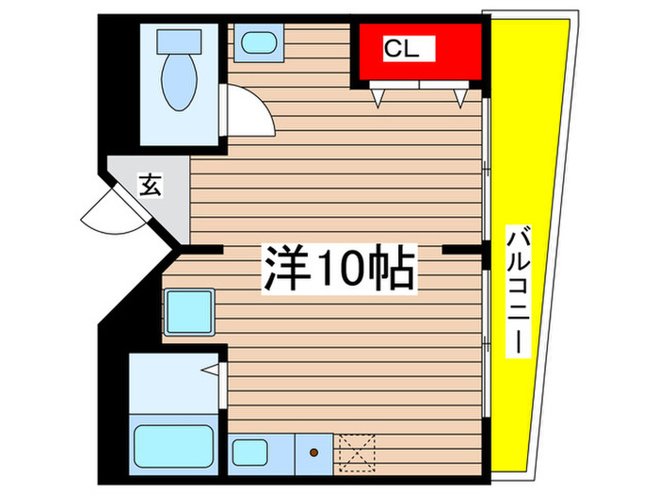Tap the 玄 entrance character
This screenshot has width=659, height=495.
click(150, 185)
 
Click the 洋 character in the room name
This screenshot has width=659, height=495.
click(284, 268)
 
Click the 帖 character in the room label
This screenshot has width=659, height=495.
click(394, 269)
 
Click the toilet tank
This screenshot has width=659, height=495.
click(180, 40)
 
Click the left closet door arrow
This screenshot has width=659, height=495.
click(378, 97)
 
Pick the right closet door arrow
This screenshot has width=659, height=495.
click(459, 97)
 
